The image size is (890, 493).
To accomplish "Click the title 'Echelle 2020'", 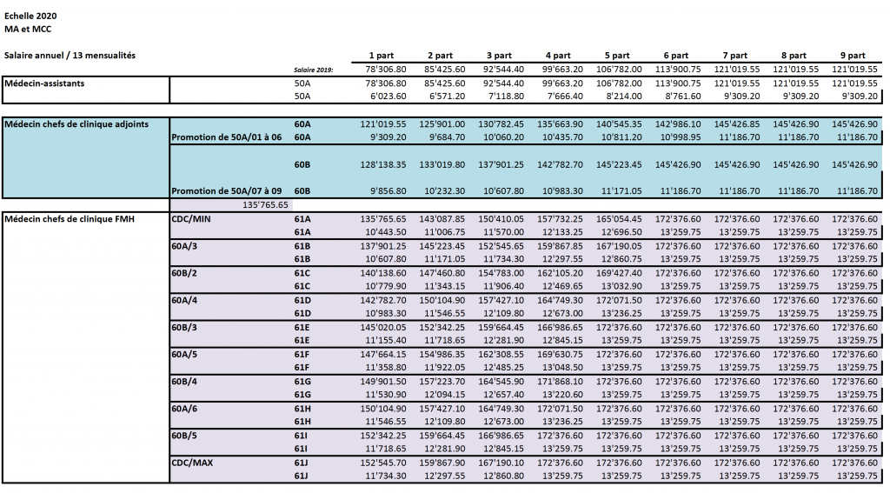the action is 30,16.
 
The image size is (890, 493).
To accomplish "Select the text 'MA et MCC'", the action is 28,29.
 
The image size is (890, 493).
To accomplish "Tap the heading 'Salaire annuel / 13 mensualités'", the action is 70,55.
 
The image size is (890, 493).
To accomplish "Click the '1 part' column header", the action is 382,56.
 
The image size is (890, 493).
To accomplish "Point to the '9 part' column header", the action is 853,56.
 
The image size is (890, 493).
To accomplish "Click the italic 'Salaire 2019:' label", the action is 313,70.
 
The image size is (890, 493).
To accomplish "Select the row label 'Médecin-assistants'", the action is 44,83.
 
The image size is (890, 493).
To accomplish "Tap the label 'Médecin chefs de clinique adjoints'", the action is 76,123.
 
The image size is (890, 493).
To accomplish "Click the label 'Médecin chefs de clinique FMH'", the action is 70,218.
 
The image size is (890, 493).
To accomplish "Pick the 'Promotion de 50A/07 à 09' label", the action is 227,190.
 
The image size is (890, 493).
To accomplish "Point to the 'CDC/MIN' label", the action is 190,218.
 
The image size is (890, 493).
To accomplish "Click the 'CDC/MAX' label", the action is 192,463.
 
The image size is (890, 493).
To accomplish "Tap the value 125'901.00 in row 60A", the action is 442,123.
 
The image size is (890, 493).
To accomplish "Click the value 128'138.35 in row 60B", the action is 383,164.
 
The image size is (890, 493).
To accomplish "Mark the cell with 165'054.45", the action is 619,218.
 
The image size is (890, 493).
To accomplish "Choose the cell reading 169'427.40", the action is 619,273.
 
